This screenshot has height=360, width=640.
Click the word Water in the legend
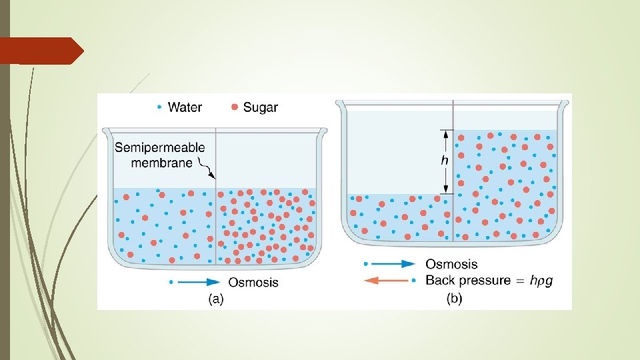[185, 107]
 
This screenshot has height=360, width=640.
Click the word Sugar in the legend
[261, 107]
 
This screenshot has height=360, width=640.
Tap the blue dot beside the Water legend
[159, 107]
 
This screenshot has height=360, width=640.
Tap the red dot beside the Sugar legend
[233, 107]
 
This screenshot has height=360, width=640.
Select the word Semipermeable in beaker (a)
[160, 147]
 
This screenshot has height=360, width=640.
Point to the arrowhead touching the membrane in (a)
[213, 177]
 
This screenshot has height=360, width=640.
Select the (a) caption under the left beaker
[215, 299]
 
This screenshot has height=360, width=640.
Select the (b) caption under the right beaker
[453, 299]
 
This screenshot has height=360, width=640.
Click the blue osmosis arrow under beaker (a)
[200, 282]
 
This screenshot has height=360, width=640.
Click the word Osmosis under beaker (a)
[253, 282]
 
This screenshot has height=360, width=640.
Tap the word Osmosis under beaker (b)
[451, 265]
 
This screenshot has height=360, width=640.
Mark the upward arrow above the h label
[445, 139]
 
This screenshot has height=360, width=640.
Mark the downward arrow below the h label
[445, 183]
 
